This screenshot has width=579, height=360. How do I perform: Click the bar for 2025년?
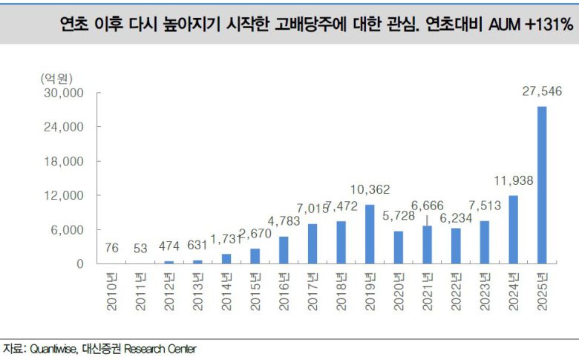[542, 185]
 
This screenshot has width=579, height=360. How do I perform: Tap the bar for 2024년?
[514, 229]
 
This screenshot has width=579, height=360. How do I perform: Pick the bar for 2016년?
[284, 250]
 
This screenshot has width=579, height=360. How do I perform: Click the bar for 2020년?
[399, 247]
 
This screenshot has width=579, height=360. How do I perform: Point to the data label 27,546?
[542, 91]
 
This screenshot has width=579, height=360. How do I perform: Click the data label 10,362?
[370, 189]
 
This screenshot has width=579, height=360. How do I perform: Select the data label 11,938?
[513, 180]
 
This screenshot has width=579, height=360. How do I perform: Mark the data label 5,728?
[397, 216]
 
